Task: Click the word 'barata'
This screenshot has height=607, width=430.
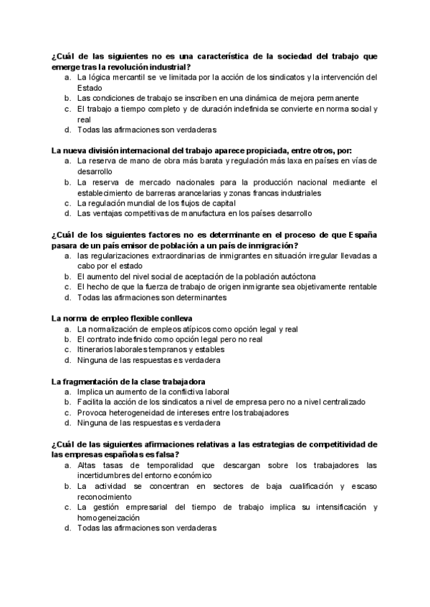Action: (195, 162)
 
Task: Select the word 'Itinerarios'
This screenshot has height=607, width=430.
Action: (95, 350)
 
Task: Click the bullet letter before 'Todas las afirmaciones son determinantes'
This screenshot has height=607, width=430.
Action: (67, 297)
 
